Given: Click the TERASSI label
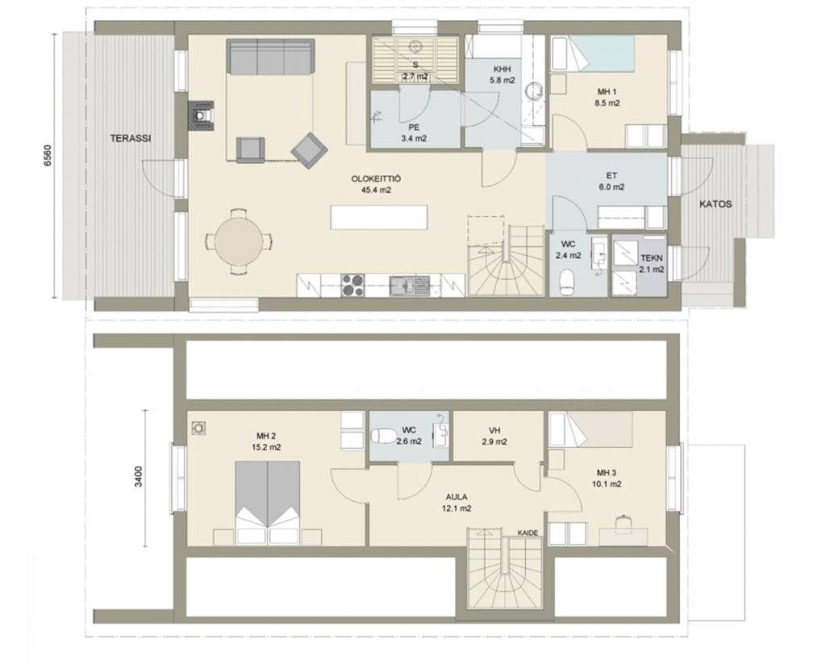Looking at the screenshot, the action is (x=131, y=139).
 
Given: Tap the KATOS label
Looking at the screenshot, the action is (x=715, y=204).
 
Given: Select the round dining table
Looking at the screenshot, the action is (x=239, y=242).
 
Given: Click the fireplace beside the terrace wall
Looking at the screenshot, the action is (x=201, y=115).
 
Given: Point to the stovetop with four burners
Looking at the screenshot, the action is (x=353, y=285).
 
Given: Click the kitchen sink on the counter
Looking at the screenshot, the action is (x=410, y=286).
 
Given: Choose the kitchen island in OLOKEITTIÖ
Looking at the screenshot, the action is (x=379, y=216).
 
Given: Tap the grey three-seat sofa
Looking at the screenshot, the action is (x=271, y=56).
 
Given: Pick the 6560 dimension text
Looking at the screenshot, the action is (x=48, y=156).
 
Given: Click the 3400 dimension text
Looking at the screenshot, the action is (x=138, y=477).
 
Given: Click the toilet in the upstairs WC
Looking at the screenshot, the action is (x=383, y=436).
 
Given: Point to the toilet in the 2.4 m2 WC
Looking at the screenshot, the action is (x=567, y=282).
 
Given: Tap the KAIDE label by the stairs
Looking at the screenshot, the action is (x=528, y=533).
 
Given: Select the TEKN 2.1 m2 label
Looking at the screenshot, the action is (x=652, y=264).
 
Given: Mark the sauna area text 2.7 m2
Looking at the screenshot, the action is (x=415, y=77).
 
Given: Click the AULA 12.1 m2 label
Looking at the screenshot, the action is (x=457, y=503).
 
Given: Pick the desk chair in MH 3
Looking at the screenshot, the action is (x=624, y=521).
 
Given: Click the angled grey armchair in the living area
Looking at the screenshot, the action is (x=309, y=150).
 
